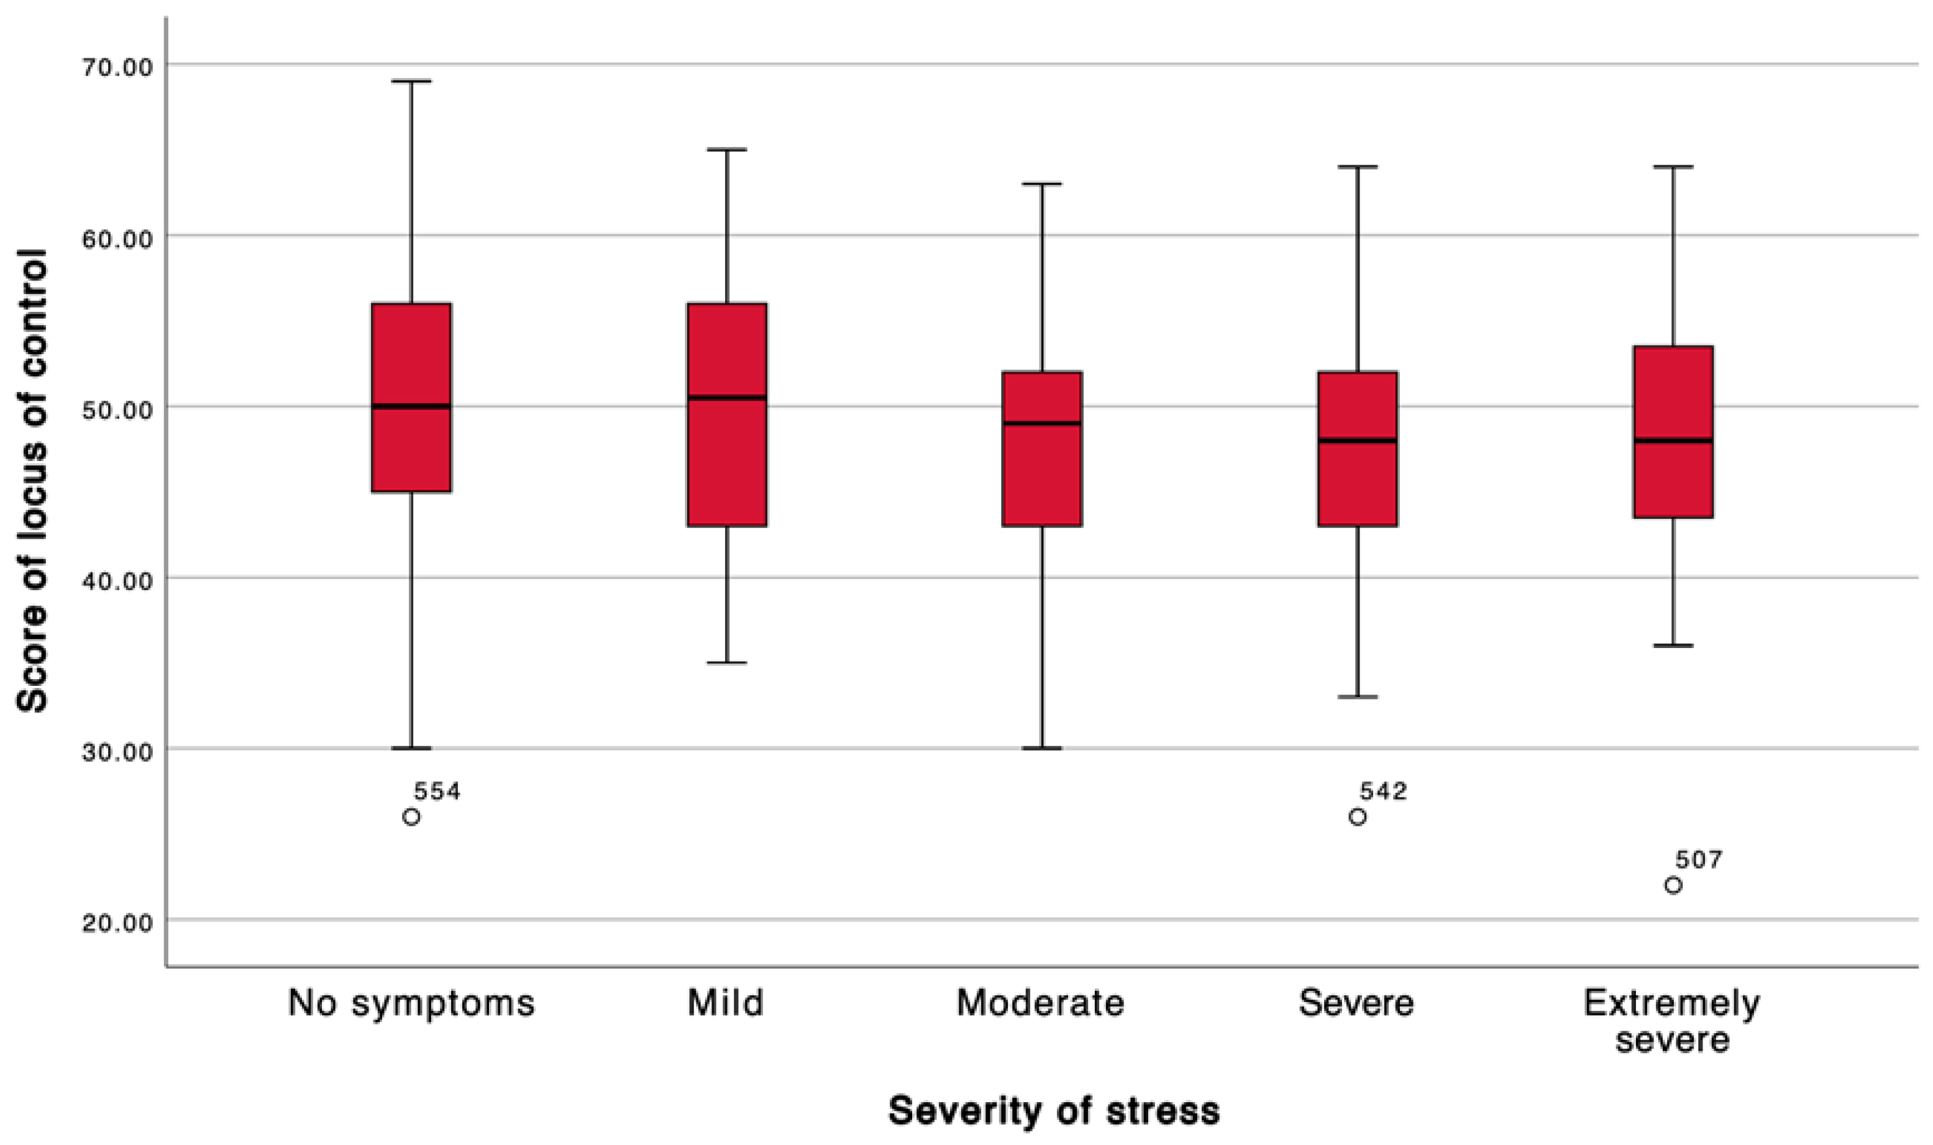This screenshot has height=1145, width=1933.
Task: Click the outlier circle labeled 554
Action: pyautogui.click(x=411, y=816)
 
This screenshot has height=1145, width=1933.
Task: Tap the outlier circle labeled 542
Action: pyautogui.click(x=1358, y=816)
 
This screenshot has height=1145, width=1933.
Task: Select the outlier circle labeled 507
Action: pyautogui.click(x=1673, y=885)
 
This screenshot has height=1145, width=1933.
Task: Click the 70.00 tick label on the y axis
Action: pyautogui.click(x=117, y=66)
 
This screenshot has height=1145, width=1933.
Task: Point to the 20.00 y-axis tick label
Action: pyautogui.click(x=117, y=922)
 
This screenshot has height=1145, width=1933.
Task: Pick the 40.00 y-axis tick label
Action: pyautogui.click(x=117, y=580)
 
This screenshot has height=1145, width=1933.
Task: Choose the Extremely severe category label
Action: pyautogui.click(x=1672, y=1021)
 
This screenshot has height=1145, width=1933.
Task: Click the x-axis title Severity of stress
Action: pyautogui.click(x=1054, y=1111)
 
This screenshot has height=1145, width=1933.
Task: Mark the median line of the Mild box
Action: pyautogui.click(x=727, y=398)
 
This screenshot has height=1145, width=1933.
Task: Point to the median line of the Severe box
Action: pyautogui.click(x=1358, y=440)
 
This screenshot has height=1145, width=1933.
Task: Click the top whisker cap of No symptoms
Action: pyautogui.click(x=411, y=81)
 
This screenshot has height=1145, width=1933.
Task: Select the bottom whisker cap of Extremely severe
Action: pyautogui.click(x=1673, y=645)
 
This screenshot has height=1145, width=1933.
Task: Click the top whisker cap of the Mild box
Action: pyautogui.click(x=727, y=150)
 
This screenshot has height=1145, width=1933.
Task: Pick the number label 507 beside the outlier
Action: pyautogui.click(x=1698, y=859)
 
